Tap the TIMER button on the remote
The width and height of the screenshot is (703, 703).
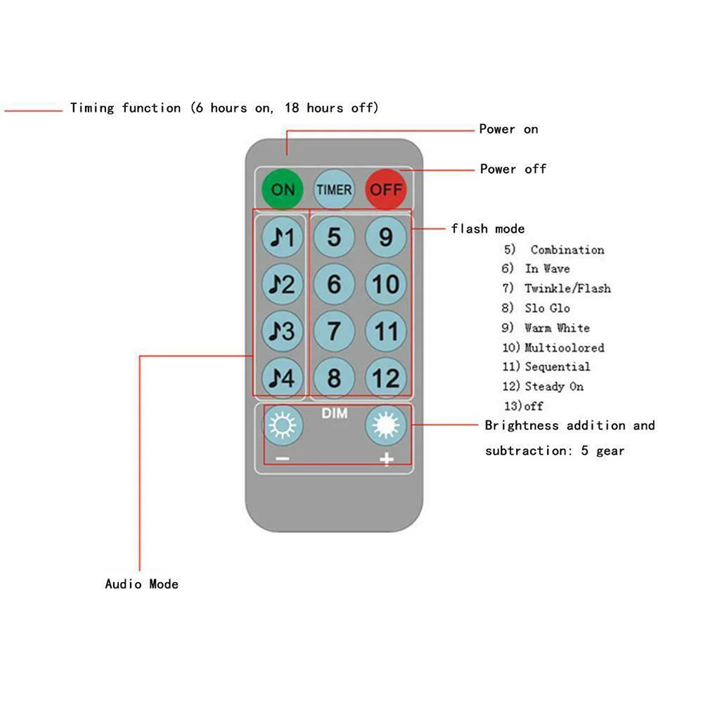pyautogui.click(x=334, y=189)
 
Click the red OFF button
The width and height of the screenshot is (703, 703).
pyautogui.click(x=386, y=189)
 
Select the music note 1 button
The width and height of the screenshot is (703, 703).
pyautogui.click(x=283, y=238)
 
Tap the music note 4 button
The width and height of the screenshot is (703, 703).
pyautogui.click(x=283, y=378)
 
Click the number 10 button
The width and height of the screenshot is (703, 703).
pyautogui.click(x=386, y=285)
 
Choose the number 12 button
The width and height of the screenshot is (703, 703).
pyautogui.click(x=386, y=378)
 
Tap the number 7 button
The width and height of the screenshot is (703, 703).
pyautogui.click(x=334, y=331)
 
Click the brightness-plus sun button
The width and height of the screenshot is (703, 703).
pyautogui.click(x=386, y=425)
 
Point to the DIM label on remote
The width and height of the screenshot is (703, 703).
pyautogui.click(x=335, y=413)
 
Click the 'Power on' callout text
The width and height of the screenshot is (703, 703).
pyautogui.click(x=508, y=129)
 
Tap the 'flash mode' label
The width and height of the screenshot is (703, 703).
pyautogui.click(x=488, y=228)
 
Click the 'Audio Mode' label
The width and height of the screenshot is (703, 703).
pyautogui.click(x=141, y=583)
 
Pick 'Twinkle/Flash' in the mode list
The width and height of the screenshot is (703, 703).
pyautogui.click(x=567, y=288)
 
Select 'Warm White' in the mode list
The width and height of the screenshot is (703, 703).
pyautogui.click(x=557, y=328)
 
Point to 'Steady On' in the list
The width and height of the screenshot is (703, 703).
pyautogui.click(x=554, y=386)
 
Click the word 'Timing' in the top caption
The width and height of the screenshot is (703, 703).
pyautogui.click(x=91, y=108)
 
